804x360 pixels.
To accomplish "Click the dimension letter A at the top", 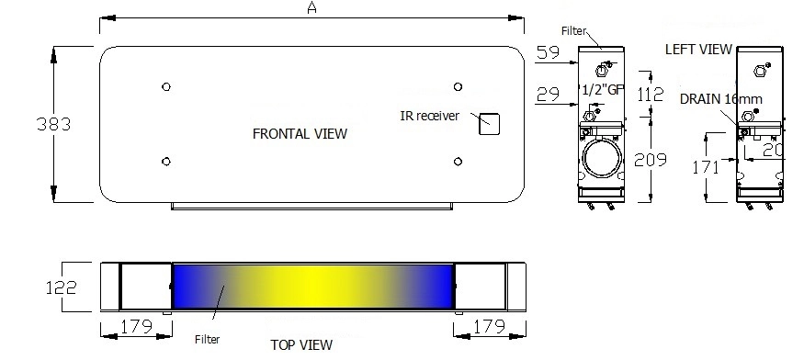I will coord(311,8).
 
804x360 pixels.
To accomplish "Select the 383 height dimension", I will coord(24,123).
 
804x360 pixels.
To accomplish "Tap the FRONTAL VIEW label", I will coord(300,134).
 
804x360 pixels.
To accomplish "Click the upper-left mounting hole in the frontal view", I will coord(165,87).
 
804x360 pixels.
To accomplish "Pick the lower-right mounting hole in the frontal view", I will coord(458,160).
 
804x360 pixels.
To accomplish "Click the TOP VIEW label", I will coord(301,345).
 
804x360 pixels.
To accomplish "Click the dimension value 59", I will coord(549,53).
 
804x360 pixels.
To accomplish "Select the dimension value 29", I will coord(549,95).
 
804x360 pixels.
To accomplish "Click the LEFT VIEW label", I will coord(698,49).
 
